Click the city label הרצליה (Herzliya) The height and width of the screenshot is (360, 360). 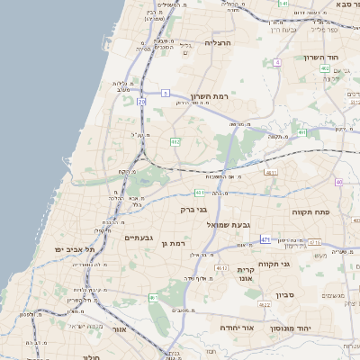[x=219, y=42]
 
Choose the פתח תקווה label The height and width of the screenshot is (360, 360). [x=309, y=211]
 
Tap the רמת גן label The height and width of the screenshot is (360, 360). [x=170, y=243]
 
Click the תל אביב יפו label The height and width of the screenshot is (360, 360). [x=68, y=248]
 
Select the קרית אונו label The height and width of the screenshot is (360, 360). [x=248, y=275]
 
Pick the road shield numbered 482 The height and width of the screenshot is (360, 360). [x=175, y=141]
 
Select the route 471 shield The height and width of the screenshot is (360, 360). [x=265, y=240]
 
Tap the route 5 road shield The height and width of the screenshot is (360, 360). [x=166, y=93]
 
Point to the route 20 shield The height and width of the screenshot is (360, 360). [x=141, y=102]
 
